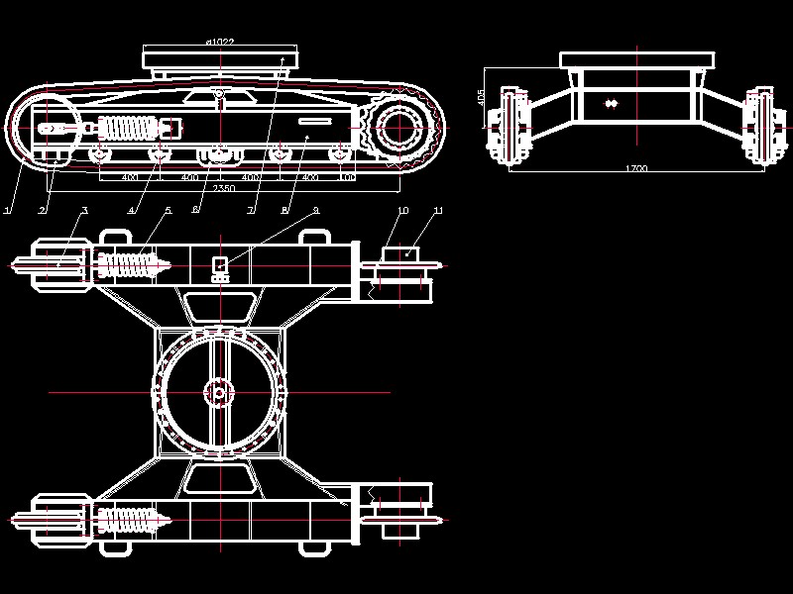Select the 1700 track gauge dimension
pyautogui.click(x=636, y=168)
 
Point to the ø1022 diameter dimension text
pyautogui.click(x=219, y=42)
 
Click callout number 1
pyautogui.click(x=7, y=210)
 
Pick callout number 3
pyautogui.click(x=84, y=210)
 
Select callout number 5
pyautogui.click(x=168, y=210)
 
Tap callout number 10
pyautogui.click(x=402, y=211)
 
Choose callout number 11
pyautogui.click(x=438, y=211)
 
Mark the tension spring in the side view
pyautogui.click(x=130, y=129)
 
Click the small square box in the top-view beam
pyautogui.click(x=221, y=265)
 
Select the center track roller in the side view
pyautogui.click(x=218, y=154)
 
